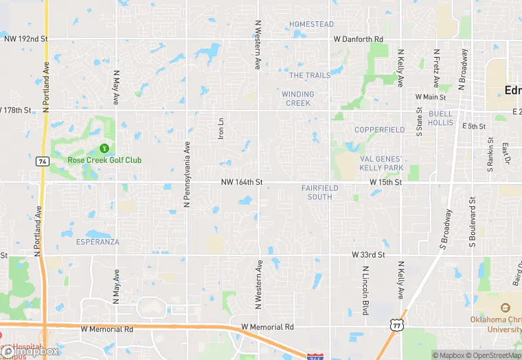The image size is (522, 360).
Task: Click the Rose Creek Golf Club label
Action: [x=104, y=160]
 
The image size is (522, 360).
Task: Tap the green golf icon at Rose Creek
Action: [x=104, y=148]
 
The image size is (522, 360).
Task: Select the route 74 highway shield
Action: [x=42, y=160]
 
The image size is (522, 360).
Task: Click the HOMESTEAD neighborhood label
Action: [x=311, y=24]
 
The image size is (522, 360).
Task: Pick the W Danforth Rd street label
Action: [x=358, y=40]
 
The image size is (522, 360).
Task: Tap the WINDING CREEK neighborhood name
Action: [x=297, y=98]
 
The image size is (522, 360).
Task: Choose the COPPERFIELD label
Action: [x=380, y=130]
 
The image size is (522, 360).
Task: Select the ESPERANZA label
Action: [x=98, y=242]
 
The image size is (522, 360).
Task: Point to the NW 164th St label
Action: [x=242, y=182]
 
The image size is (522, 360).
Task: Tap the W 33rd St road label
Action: [x=369, y=254]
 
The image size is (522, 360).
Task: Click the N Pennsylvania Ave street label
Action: [x=186, y=175]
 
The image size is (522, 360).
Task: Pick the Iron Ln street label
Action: [x=220, y=128]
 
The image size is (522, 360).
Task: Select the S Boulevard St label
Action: [x=473, y=223]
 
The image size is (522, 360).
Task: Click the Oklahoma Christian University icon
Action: [x=506, y=308]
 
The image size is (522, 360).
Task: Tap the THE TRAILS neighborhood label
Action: [x=309, y=75]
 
